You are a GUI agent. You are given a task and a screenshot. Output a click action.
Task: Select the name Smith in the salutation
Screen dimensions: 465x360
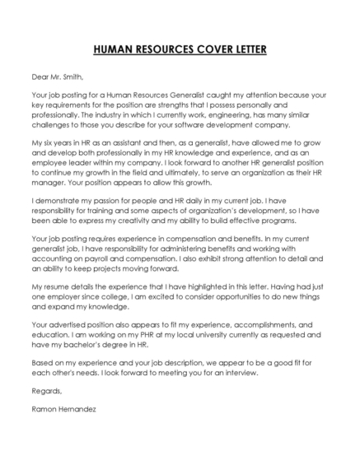pos(71,78)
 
